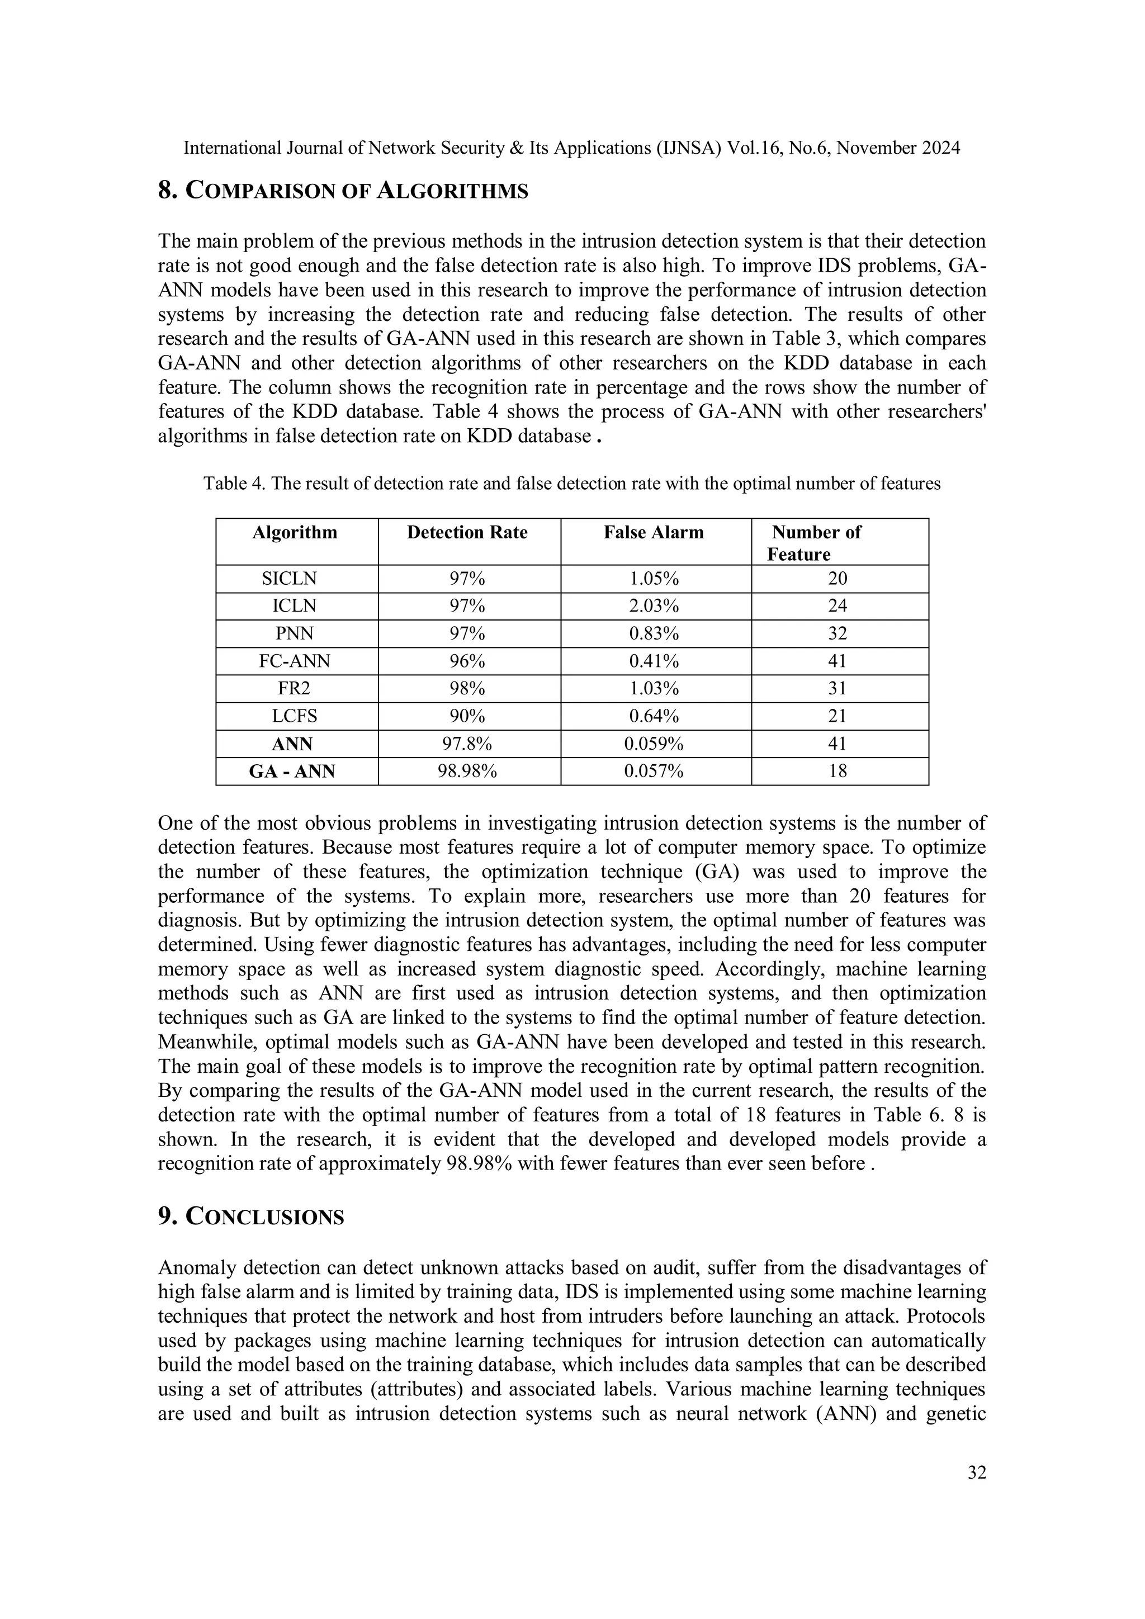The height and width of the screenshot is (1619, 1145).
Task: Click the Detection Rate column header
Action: (x=467, y=532)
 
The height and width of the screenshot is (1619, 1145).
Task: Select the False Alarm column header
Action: (x=654, y=532)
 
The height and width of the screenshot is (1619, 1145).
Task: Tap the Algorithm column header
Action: (x=295, y=532)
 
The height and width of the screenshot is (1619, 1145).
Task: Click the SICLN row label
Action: (x=289, y=579)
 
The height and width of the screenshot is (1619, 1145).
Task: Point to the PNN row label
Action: (x=294, y=634)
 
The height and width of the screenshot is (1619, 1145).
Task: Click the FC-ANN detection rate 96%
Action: (x=467, y=661)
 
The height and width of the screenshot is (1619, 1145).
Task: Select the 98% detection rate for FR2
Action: (x=467, y=689)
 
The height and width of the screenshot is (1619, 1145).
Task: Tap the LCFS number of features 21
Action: (x=837, y=717)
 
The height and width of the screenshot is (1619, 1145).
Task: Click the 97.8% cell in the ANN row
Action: (x=467, y=744)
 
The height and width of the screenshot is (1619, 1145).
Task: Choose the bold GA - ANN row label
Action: (x=292, y=771)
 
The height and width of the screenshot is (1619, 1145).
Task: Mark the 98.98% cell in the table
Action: (x=467, y=771)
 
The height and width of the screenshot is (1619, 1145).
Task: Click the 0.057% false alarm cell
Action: (x=654, y=771)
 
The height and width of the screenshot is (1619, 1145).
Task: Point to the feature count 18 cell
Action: (x=837, y=771)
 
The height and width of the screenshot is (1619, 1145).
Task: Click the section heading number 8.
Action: (x=167, y=191)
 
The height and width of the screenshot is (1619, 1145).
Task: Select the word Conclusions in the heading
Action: (x=264, y=1217)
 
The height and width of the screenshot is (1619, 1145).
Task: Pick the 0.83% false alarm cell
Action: (x=654, y=634)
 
